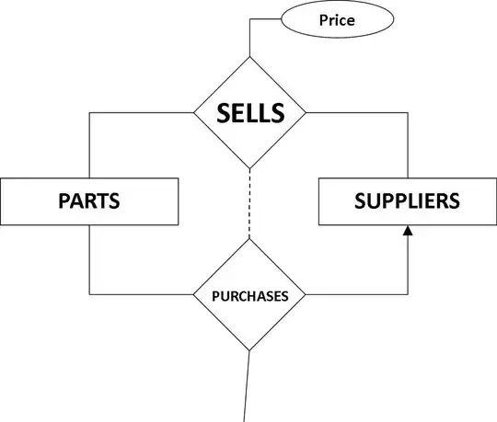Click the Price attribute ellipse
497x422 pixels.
coord(336,19)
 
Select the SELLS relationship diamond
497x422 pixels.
coord(249,113)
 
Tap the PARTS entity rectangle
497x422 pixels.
coord(89,201)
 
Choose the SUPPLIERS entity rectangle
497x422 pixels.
coord(408,201)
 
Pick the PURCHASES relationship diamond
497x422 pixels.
coord(249,296)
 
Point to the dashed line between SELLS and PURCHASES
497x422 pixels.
coord(249,204)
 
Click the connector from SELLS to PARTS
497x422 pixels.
coord(138,113)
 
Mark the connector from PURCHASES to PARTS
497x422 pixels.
coord(138,295)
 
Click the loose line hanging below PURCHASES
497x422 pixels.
coord(247,386)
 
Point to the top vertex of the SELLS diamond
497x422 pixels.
coord(249,57)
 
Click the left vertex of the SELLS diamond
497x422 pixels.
coord(193,113)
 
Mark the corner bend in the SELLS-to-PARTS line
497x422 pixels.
coord(89,113)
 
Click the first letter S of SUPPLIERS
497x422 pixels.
coord(361,201)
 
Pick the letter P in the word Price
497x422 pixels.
coord(322,19)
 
